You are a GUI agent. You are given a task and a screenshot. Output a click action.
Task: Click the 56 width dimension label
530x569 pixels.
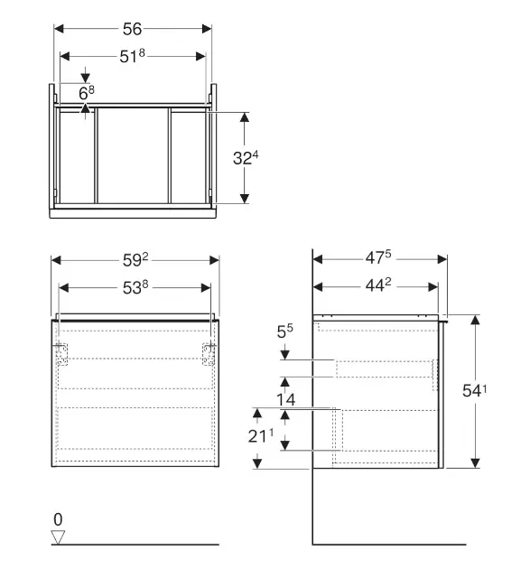point(132,29)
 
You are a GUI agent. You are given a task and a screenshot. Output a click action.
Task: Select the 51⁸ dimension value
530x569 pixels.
point(132,56)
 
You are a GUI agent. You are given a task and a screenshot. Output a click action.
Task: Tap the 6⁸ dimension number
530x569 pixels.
point(87,93)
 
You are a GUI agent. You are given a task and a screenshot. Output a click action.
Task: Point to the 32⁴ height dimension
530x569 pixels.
point(246,158)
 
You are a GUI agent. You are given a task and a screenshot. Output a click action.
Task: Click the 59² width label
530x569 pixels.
point(135,260)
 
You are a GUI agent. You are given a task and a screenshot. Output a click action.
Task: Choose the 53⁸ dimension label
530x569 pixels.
point(135,287)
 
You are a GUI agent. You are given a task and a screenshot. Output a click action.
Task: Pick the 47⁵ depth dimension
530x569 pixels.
point(378,257)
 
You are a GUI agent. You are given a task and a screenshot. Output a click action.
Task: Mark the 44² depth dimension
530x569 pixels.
point(378,285)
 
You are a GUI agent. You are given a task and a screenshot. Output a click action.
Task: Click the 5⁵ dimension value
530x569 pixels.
point(284,331)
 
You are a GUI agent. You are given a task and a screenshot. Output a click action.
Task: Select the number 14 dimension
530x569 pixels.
point(286,399)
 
